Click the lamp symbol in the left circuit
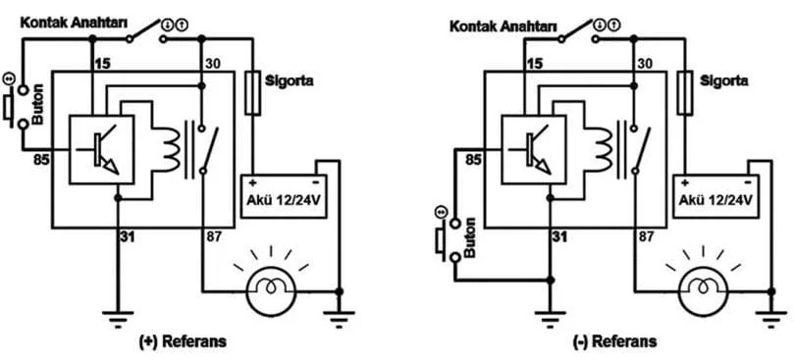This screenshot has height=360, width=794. coord(271,291)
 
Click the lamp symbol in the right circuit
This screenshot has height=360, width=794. coord(703,292)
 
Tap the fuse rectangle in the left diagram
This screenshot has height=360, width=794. coord(252,92)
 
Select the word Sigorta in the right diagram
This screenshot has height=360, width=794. coord(724,80)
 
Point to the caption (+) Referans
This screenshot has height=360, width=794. coord(183,341)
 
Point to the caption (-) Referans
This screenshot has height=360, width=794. coord(614,341)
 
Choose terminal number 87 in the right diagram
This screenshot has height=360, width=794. coord(646,237)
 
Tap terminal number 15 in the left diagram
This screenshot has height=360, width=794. coord(103,64)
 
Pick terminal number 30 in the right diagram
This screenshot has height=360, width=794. coord(646,64)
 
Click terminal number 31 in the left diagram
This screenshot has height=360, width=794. coord(129,237)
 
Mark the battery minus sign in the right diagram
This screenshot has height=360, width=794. coord(748,181)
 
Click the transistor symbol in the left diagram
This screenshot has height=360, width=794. coord(102,149)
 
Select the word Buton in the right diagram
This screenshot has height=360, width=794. coord(469,237)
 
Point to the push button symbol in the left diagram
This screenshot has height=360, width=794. coord(15,106)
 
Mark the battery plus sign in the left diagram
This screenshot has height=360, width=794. coord(251,181)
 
